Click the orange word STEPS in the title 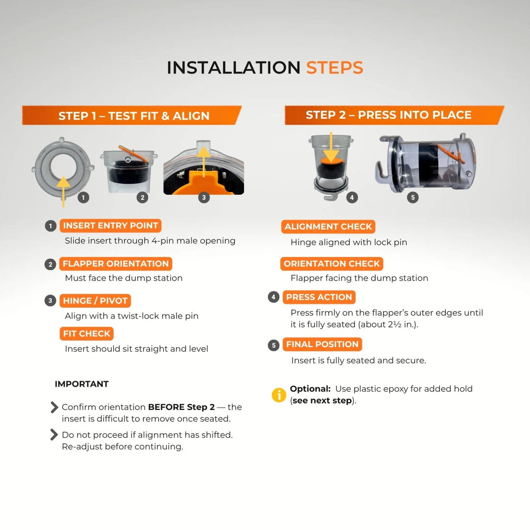(335, 68)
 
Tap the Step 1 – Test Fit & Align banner (132, 115)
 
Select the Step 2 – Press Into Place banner (394, 115)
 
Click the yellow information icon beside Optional (279, 395)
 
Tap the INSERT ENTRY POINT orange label (111, 226)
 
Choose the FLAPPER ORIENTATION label (115, 263)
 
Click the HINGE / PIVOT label (95, 301)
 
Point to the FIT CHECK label (86, 334)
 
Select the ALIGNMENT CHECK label (328, 227)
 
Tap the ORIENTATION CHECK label (332, 263)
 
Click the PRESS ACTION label (319, 297)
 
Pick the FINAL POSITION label (322, 344)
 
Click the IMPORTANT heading (82, 384)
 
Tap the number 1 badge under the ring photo (83, 197)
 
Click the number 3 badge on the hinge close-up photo (203, 197)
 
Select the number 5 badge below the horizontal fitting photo (413, 197)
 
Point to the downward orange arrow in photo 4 (331, 148)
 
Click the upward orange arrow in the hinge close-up (203, 161)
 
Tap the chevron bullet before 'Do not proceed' (54, 435)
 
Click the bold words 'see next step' (322, 401)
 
